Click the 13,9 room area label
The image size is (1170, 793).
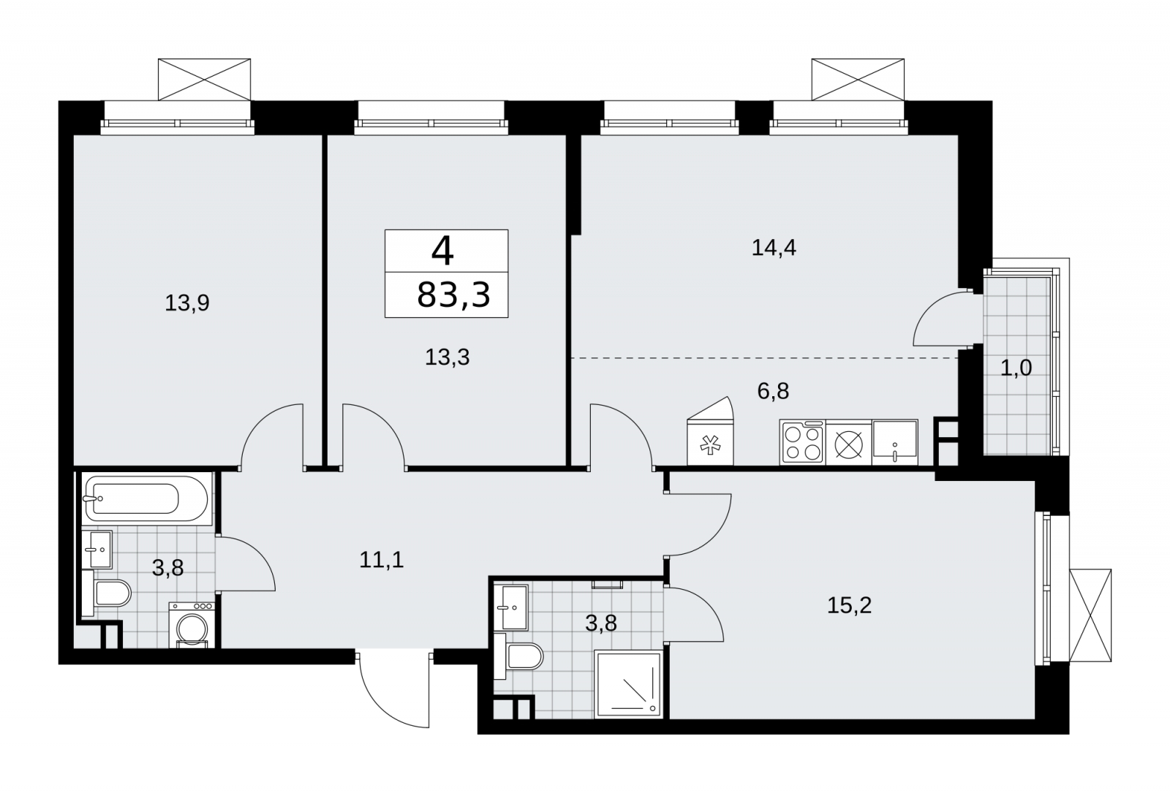coord(187,303)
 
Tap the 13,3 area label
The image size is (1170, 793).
coord(447,357)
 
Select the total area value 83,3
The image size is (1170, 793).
coord(453,295)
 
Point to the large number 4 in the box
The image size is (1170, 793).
coord(442,251)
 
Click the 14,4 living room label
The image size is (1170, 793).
coord(774,248)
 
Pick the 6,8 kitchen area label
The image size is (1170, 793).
coord(773,390)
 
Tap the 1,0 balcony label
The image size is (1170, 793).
coord(1016,368)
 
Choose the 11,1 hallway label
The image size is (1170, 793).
coord(381,560)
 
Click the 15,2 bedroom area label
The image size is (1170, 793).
coord(849,606)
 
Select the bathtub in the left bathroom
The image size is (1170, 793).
coord(147,498)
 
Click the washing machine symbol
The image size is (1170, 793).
coord(192,625)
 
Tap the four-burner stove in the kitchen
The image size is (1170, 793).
coord(801,442)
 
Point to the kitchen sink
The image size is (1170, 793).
coord(895,442)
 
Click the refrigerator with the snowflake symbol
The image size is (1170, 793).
coord(710,431)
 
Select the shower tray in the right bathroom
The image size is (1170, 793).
coord(629,684)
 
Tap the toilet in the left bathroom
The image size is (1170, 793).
coord(107,593)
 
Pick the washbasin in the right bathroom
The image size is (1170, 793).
coord(511,607)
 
